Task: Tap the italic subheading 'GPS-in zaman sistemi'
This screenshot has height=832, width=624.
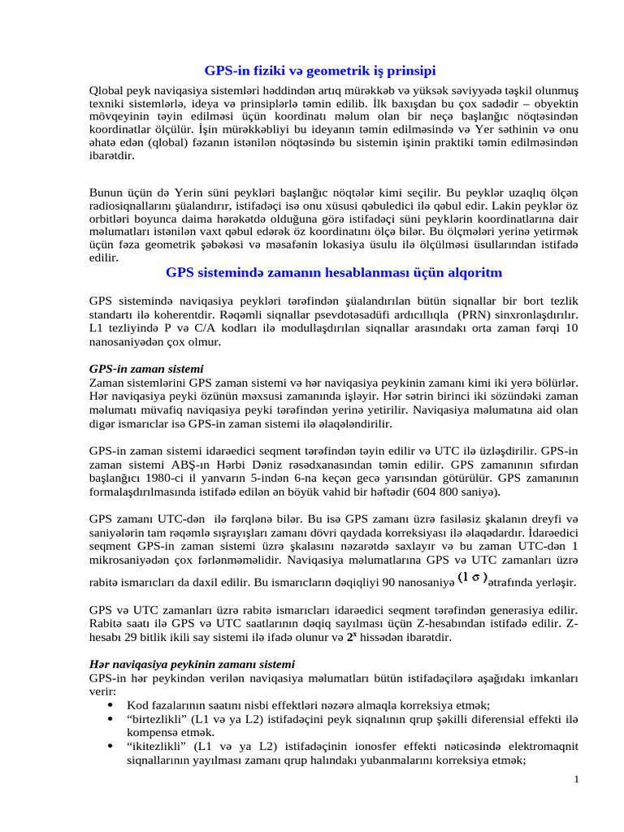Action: pos(146,369)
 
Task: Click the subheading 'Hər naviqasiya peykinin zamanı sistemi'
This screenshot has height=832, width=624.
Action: pos(192,664)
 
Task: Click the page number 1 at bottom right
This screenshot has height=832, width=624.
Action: pos(575,781)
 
